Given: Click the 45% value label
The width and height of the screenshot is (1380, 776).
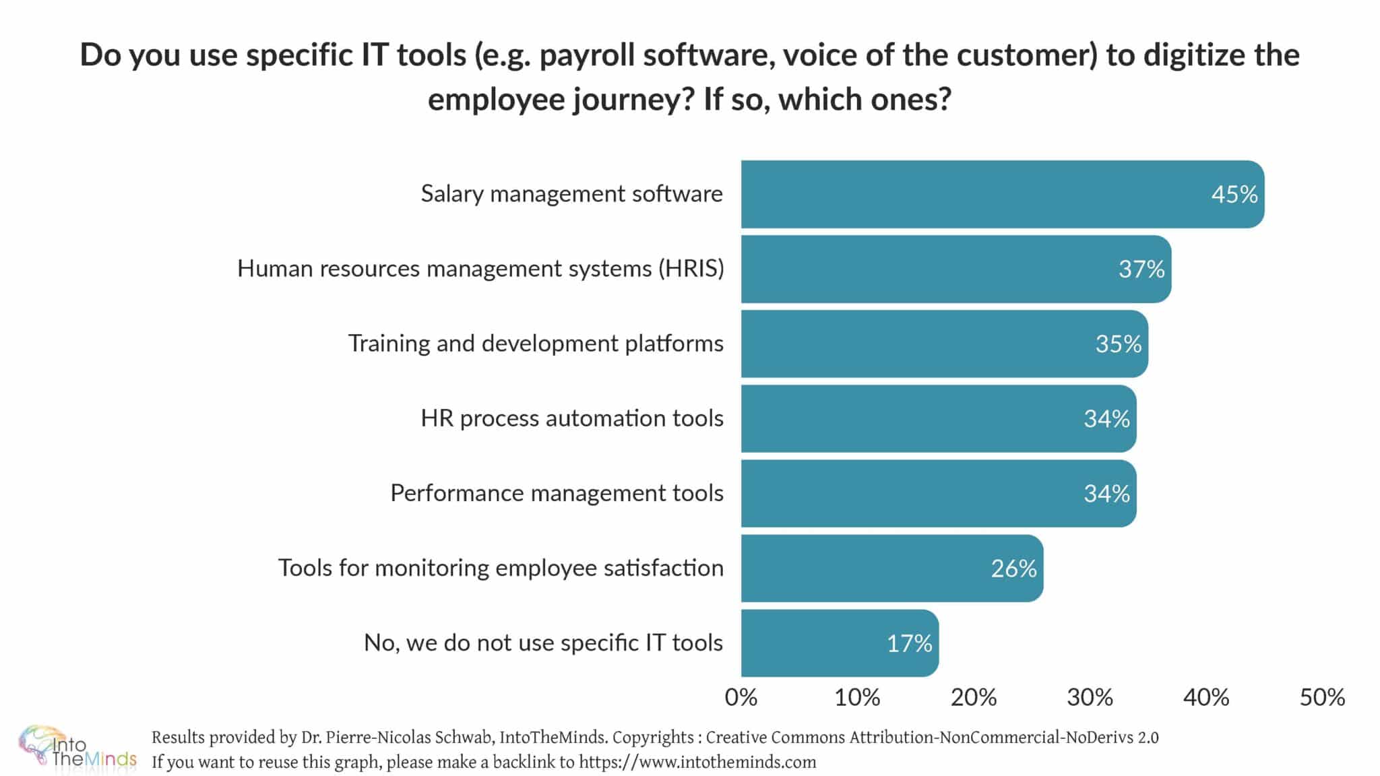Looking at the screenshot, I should tap(1234, 195).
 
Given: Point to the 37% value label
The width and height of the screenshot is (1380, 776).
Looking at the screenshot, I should tap(1141, 269).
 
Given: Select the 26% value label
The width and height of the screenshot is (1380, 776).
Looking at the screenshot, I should tap(1013, 569).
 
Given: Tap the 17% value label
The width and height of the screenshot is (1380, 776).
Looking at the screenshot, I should tap(909, 643).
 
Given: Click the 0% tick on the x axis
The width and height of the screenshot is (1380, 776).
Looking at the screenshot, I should tap(741, 697).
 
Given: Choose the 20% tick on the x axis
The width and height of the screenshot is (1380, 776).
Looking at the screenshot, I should tap(974, 697).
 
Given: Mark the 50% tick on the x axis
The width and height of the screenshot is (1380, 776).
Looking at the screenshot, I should tap(1322, 697).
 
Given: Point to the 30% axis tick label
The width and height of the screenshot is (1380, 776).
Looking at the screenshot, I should tap(1090, 697).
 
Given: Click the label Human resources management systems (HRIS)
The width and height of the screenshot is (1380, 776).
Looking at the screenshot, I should tap(480, 269).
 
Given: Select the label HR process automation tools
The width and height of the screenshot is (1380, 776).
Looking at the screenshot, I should tap(572, 418).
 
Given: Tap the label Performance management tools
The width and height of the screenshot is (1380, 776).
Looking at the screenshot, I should tap(557, 493).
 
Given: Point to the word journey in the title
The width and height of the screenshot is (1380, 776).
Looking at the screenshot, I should tap(633, 100).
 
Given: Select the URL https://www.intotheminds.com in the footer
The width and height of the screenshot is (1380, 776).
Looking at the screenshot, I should tap(697, 763).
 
